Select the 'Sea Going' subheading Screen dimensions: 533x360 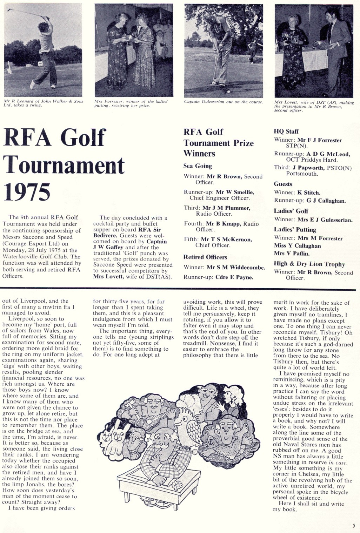click(198, 166)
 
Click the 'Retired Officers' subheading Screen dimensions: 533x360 click(205, 257)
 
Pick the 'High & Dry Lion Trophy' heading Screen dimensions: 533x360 click(309, 264)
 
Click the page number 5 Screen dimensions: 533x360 click(354, 525)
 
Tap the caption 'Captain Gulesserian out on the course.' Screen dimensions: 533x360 click(224, 102)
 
